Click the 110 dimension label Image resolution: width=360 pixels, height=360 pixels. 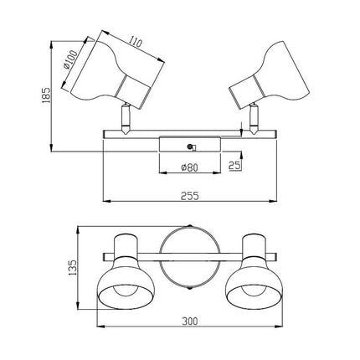136,41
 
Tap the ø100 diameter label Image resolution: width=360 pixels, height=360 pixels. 69,59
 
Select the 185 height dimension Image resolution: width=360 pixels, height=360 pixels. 47,95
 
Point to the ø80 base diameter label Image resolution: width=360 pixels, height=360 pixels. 189,167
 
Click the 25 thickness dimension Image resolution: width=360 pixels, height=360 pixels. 234,166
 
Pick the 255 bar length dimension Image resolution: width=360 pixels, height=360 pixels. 190,196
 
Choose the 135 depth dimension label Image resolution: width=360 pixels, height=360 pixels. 72,268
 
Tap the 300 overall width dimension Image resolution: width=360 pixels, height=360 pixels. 190,321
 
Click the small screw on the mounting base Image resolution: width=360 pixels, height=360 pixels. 191,147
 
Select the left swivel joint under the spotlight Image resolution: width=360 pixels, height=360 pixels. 125,118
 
